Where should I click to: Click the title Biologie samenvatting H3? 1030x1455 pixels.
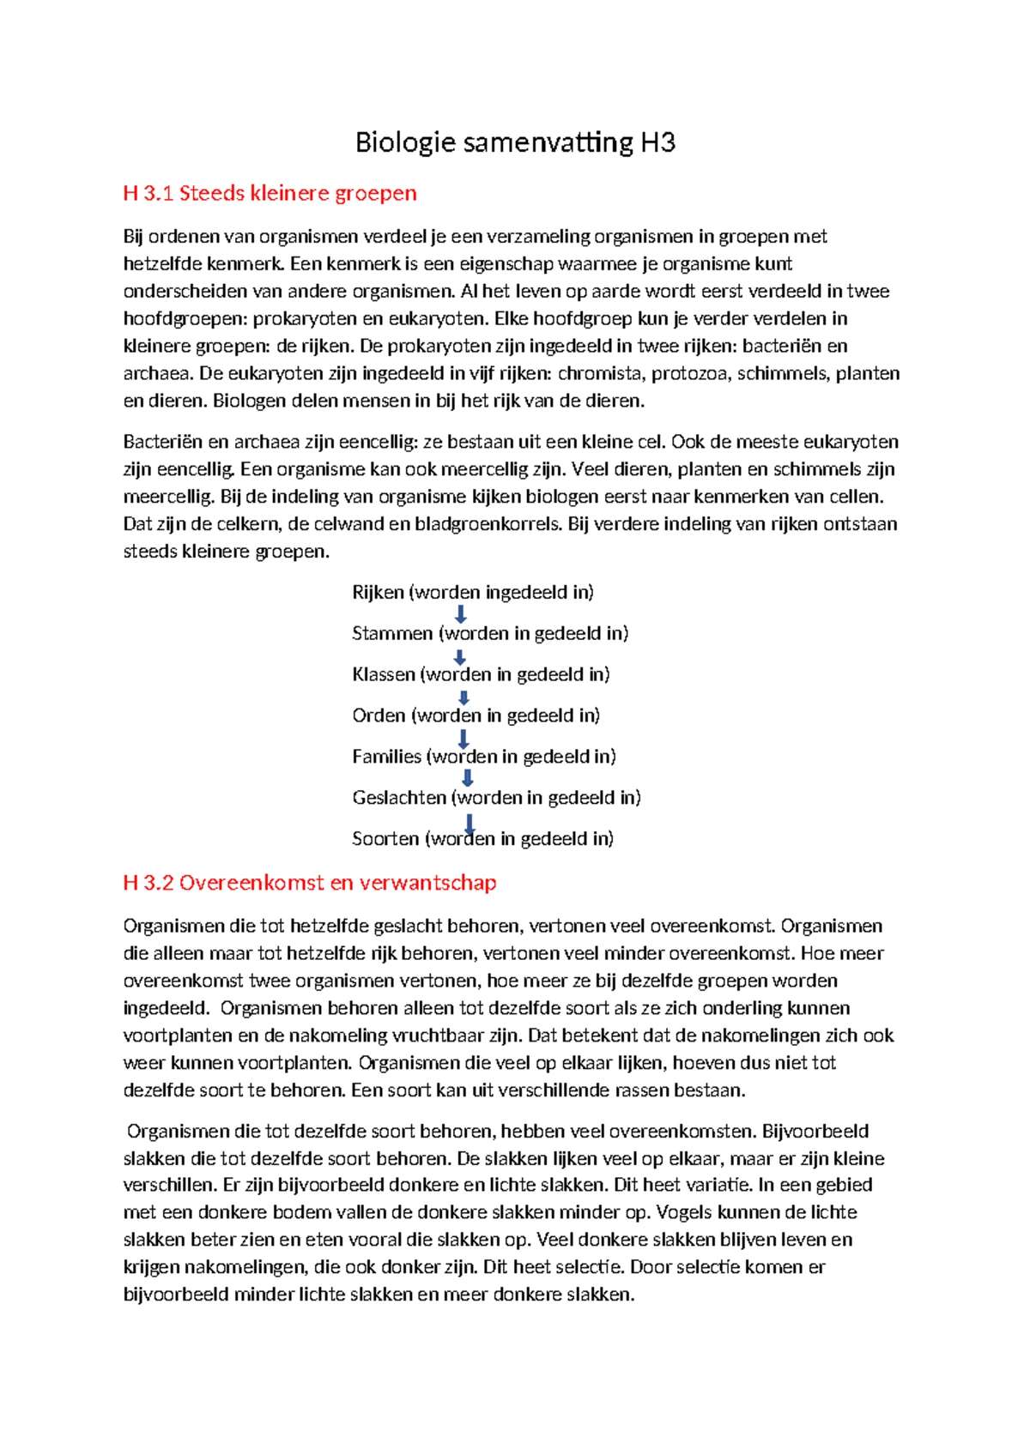point(515,142)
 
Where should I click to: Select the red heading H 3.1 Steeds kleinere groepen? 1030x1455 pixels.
point(270,193)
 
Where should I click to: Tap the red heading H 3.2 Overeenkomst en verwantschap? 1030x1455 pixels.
point(310,883)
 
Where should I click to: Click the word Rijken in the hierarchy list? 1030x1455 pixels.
point(378,593)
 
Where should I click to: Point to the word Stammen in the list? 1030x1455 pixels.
point(392,634)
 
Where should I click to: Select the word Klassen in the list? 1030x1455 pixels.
point(383,675)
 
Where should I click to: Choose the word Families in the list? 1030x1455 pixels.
point(386,757)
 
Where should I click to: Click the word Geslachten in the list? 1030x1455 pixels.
point(399,798)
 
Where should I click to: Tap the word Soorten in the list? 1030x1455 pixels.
point(385,839)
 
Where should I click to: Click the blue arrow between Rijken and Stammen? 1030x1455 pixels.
point(461,613)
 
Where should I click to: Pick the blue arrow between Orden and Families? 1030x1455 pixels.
point(463,738)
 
